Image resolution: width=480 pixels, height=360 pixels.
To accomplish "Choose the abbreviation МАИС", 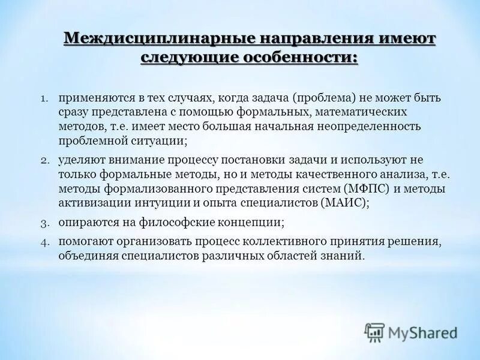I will coord(343,203).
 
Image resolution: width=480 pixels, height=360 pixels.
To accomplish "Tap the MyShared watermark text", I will coord(422,332).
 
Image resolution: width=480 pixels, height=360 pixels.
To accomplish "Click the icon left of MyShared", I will coord(374,332).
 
